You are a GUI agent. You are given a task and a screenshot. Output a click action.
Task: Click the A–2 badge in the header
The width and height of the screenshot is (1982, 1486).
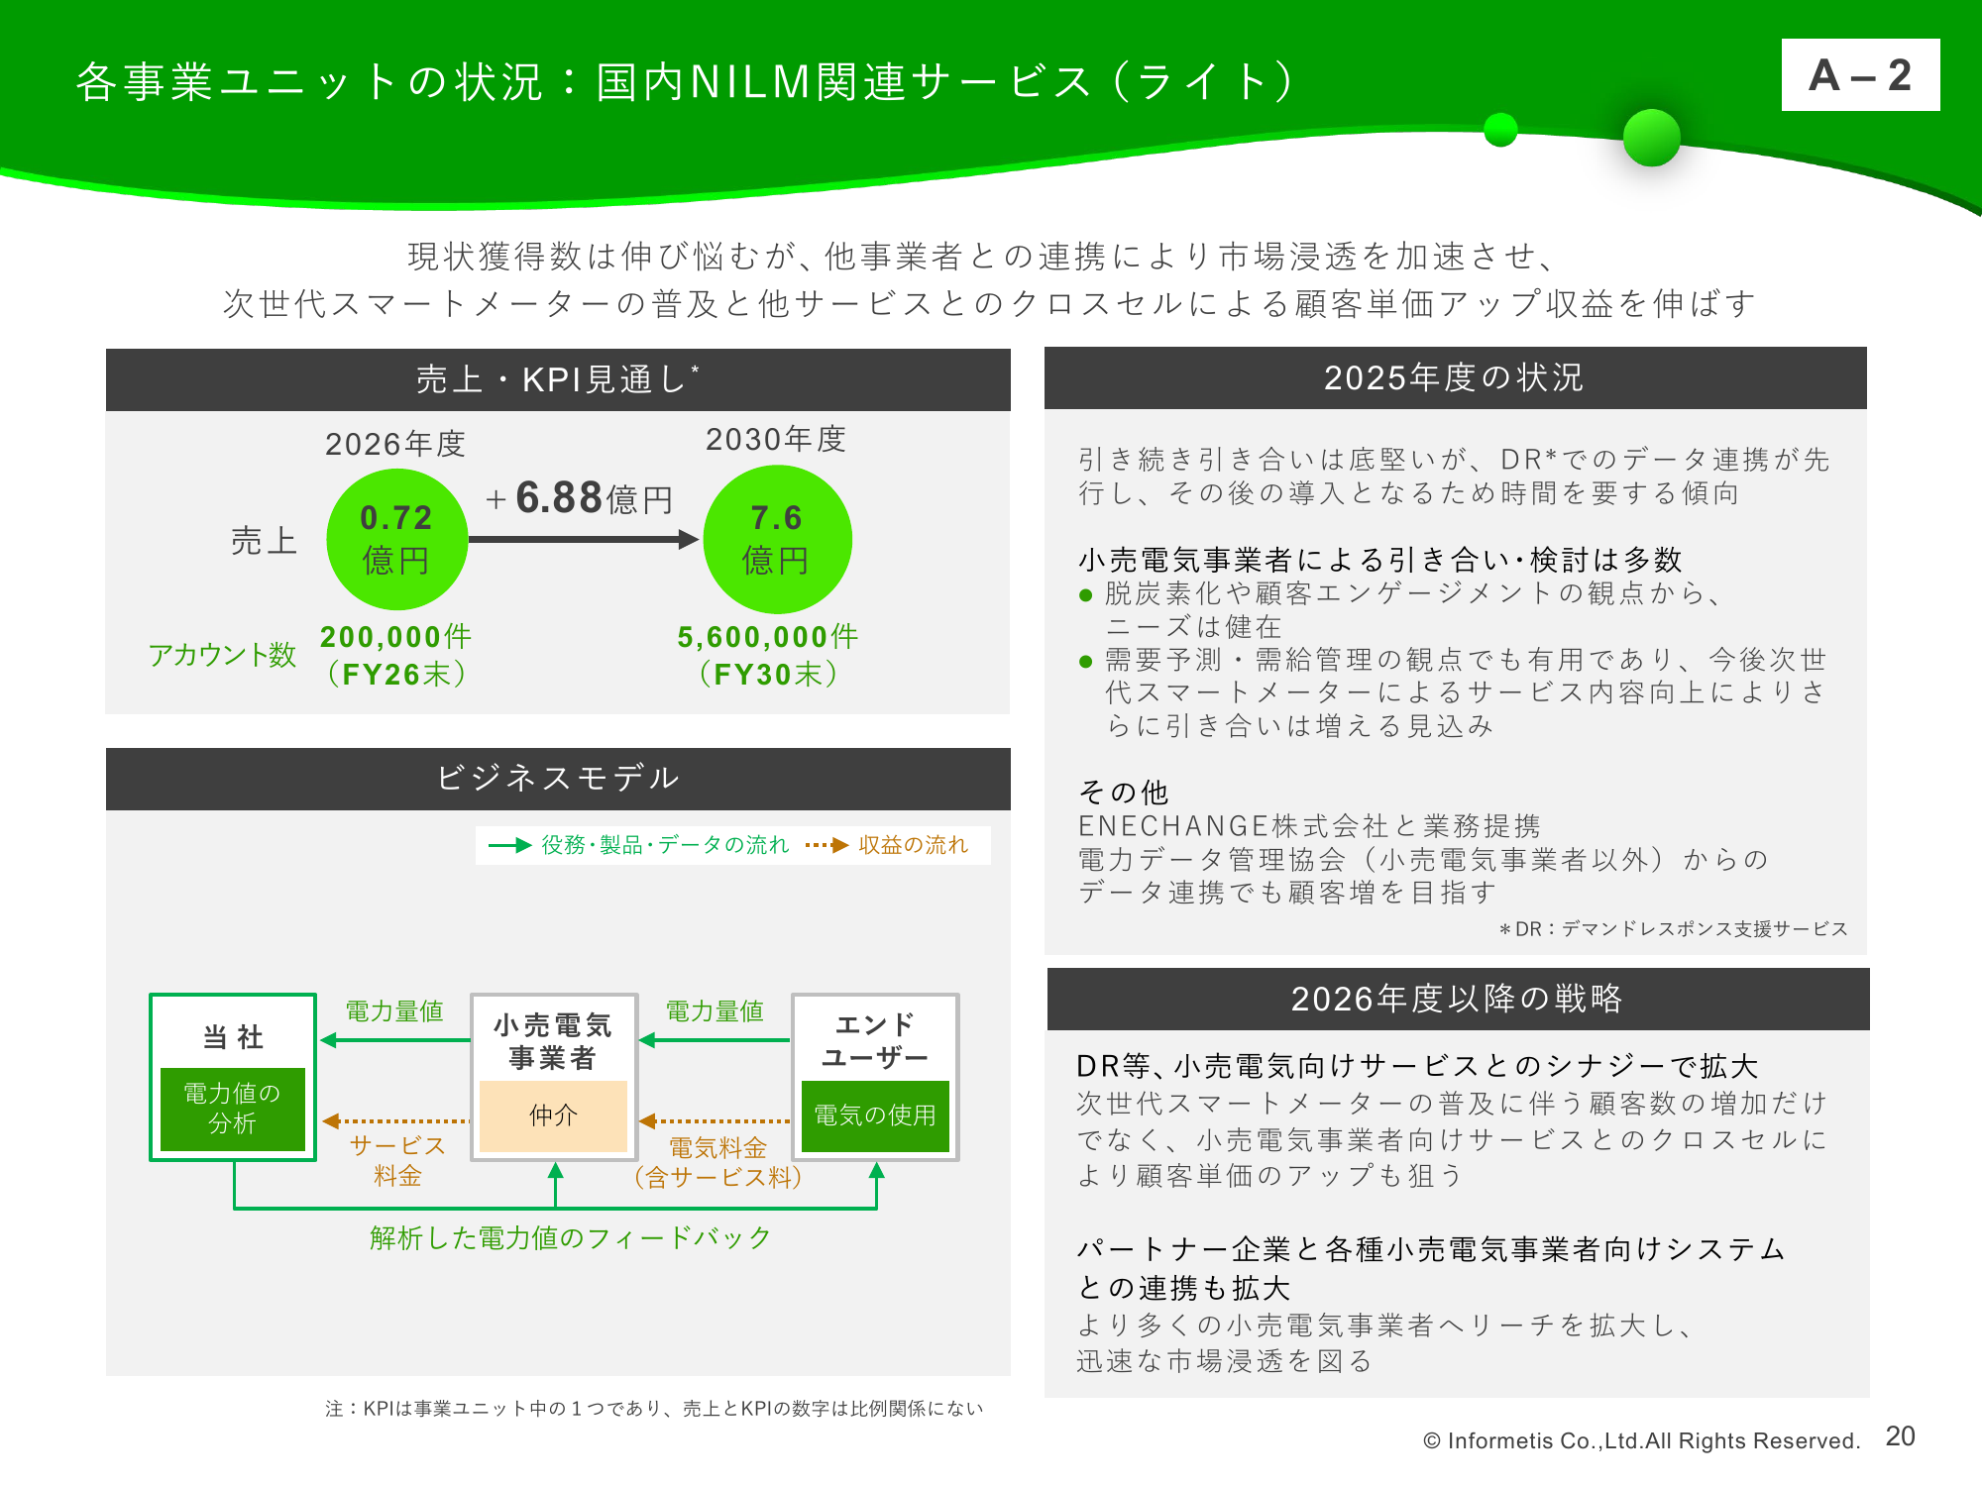tap(1860, 75)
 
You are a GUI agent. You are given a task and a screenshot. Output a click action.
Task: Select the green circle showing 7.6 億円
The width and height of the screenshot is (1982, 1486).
tap(777, 540)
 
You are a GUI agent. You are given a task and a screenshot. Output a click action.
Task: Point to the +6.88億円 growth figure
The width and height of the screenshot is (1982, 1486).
tap(580, 497)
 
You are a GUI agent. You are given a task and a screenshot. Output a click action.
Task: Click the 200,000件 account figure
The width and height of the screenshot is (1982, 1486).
tap(395, 636)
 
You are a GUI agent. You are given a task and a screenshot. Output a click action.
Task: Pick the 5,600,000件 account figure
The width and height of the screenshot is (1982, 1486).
tap(768, 636)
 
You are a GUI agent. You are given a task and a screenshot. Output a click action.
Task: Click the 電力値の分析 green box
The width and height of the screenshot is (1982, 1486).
tap(233, 1109)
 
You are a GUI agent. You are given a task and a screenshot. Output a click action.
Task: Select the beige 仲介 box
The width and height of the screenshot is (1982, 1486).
tap(553, 1115)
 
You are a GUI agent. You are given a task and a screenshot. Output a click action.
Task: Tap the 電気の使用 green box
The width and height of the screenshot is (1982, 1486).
tap(875, 1115)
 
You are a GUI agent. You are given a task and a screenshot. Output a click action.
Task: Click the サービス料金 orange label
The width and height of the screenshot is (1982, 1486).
tap(397, 1160)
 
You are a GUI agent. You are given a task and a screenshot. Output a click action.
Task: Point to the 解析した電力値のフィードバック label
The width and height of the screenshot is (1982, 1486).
tap(570, 1237)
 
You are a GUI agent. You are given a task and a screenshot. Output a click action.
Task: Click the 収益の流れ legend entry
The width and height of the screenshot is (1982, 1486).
tap(887, 845)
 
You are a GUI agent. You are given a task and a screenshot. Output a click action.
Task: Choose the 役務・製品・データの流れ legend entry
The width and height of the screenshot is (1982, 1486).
tap(639, 845)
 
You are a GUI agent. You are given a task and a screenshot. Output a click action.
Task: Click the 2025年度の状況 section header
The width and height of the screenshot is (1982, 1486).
tap(1455, 377)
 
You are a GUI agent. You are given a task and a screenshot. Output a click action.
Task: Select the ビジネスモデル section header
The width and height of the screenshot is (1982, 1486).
tap(558, 779)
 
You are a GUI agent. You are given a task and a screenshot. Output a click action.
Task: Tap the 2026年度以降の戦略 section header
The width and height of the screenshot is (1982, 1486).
tap(1458, 999)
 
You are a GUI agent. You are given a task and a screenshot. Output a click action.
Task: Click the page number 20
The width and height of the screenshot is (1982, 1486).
tap(1900, 1436)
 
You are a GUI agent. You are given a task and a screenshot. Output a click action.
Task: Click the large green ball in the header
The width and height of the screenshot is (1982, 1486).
tap(1652, 137)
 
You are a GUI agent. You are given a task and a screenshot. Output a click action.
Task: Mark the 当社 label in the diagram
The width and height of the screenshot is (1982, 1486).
tap(233, 1037)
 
